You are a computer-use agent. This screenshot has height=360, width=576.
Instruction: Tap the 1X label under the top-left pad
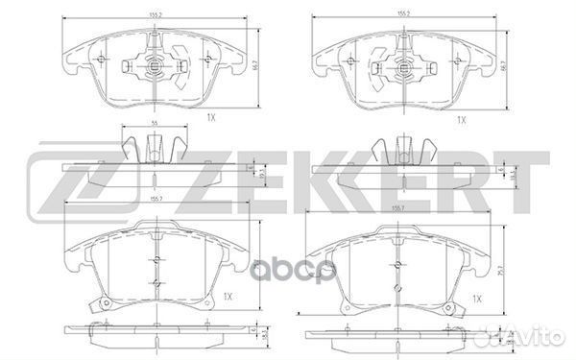210,118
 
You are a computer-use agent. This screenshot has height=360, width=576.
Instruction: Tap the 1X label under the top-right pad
460,119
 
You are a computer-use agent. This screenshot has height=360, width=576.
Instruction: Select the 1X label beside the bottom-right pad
477,299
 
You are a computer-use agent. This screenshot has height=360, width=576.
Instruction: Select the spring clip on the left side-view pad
153,150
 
